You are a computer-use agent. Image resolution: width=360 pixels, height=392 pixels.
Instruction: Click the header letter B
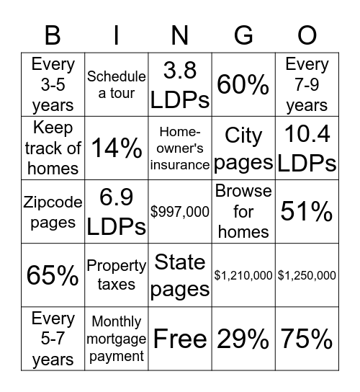53,35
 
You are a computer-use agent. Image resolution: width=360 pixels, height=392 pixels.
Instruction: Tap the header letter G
243,35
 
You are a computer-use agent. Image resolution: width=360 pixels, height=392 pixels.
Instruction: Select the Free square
180,339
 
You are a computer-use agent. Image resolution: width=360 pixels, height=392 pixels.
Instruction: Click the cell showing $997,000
180,212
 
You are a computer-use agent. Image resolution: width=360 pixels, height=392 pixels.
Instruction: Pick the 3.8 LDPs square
180,85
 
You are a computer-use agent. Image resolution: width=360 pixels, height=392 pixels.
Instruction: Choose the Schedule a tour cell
117,85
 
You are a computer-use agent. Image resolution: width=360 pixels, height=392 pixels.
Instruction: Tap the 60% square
243,85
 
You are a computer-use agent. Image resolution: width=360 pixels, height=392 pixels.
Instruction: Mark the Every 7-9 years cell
307,85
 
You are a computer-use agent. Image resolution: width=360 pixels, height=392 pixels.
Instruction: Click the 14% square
117,148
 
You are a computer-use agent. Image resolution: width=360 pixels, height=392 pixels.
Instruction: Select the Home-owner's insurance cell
180,148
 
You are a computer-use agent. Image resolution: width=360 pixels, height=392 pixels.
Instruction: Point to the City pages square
243,148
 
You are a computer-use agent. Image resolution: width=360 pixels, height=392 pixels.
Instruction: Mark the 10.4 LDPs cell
307,148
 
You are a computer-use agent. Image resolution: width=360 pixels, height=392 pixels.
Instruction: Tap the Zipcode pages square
53,212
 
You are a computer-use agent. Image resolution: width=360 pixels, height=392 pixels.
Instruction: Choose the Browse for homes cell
243,212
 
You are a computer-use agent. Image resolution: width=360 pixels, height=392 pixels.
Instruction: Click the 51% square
307,212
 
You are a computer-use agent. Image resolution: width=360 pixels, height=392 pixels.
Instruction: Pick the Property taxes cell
117,275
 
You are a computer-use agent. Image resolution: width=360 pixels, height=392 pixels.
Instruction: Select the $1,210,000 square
243,275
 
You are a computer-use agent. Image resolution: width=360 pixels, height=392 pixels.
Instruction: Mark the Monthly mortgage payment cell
117,339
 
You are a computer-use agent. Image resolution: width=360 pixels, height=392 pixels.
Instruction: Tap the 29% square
243,339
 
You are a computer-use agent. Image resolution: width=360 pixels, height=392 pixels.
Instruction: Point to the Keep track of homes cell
53,148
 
